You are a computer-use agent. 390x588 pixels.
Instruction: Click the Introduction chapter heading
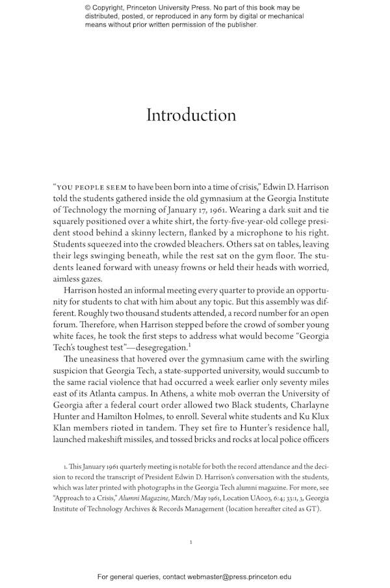tap(191, 116)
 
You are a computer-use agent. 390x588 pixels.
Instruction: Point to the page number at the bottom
tap(190, 541)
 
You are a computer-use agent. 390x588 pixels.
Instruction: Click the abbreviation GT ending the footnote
tap(311, 509)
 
